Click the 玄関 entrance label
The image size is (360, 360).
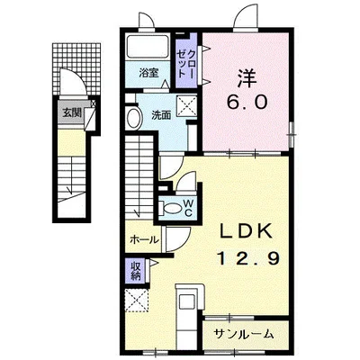tap(72, 112)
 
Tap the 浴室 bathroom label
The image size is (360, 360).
tap(148, 73)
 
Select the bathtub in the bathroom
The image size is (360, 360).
tap(148, 47)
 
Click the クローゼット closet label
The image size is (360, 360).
tap(186, 64)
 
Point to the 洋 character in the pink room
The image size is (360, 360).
tap(247, 77)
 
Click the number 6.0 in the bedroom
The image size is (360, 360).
tap(247, 103)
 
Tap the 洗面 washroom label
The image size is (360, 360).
tap(161, 115)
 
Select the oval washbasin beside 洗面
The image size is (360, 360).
tap(134, 118)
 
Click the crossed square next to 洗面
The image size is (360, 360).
tap(186, 105)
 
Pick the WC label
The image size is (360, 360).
tap(188, 208)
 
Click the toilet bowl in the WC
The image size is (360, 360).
tap(171, 208)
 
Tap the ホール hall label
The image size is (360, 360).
tap(144, 239)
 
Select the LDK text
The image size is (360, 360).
tap(247, 232)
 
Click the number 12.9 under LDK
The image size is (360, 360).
tap(248, 258)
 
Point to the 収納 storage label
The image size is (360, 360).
tap(136, 271)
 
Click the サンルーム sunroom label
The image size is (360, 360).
tap(244, 334)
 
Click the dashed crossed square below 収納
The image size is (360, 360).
tap(137, 300)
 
